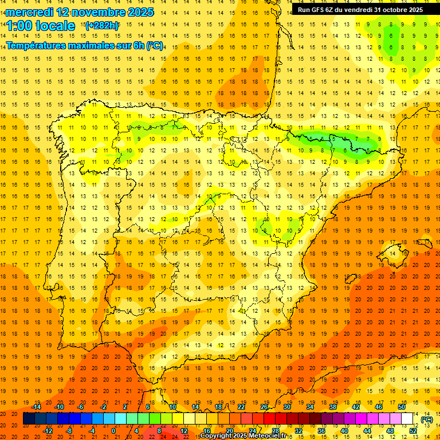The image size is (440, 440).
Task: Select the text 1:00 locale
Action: [41, 26]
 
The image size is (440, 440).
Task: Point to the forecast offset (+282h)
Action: [102, 26]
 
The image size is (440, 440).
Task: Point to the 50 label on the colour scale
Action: [401, 407]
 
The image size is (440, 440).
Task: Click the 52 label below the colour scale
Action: [413, 431]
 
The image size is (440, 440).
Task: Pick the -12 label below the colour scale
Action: [48, 431]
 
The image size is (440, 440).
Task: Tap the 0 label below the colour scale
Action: [113, 431]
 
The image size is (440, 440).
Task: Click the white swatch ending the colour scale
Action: [407, 419]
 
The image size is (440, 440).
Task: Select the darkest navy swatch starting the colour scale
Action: [29, 419]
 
